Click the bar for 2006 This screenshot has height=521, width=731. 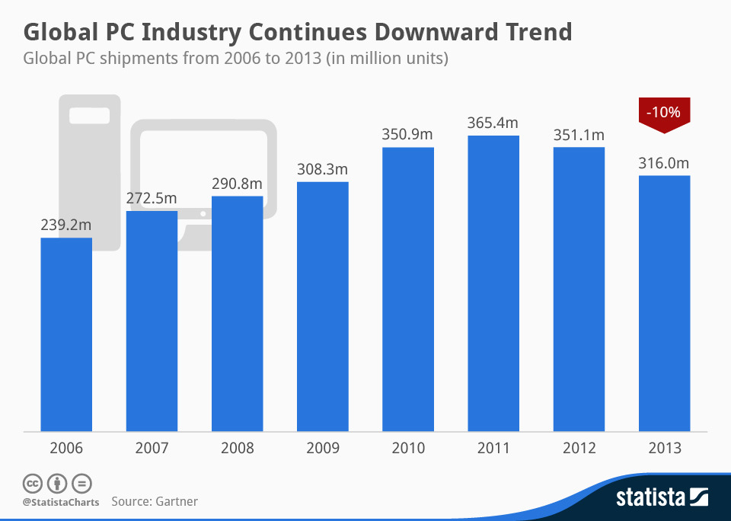tap(66, 334)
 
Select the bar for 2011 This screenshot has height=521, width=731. tap(493, 283)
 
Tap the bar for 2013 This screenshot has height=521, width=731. tap(664, 303)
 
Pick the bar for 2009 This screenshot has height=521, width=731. tap(323, 306)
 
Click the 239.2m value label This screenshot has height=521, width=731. tap(66, 225)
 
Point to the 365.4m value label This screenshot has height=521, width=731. tap(493, 123)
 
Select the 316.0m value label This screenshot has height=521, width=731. tap(664, 163)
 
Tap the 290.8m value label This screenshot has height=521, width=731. tap(237, 184)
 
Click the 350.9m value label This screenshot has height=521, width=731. tap(407, 134)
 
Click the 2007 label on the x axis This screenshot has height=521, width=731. tap(152, 449)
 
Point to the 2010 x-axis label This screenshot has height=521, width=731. tap(407, 449)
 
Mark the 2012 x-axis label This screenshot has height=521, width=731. tap(579, 449)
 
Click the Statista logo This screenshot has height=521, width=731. tap(662, 498)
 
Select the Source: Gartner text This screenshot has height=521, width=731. tap(155, 501)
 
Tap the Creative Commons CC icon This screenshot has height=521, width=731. tap(32, 483)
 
